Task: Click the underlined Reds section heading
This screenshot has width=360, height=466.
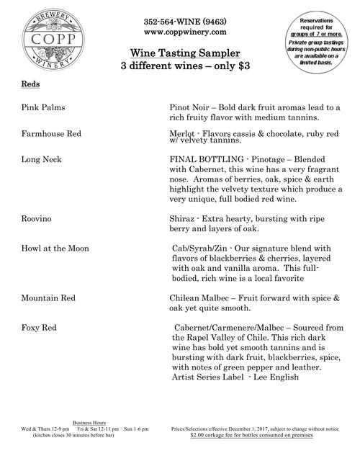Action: pyautogui.click(x=30, y=84)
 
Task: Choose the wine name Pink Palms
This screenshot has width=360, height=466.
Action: pyautogui.click(x=44, y=107)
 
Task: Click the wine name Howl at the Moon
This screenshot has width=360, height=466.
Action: pyautogui.click(x=56, y=248)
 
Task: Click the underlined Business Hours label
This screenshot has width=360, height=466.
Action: pyautogui.click(x=89, y=423)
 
